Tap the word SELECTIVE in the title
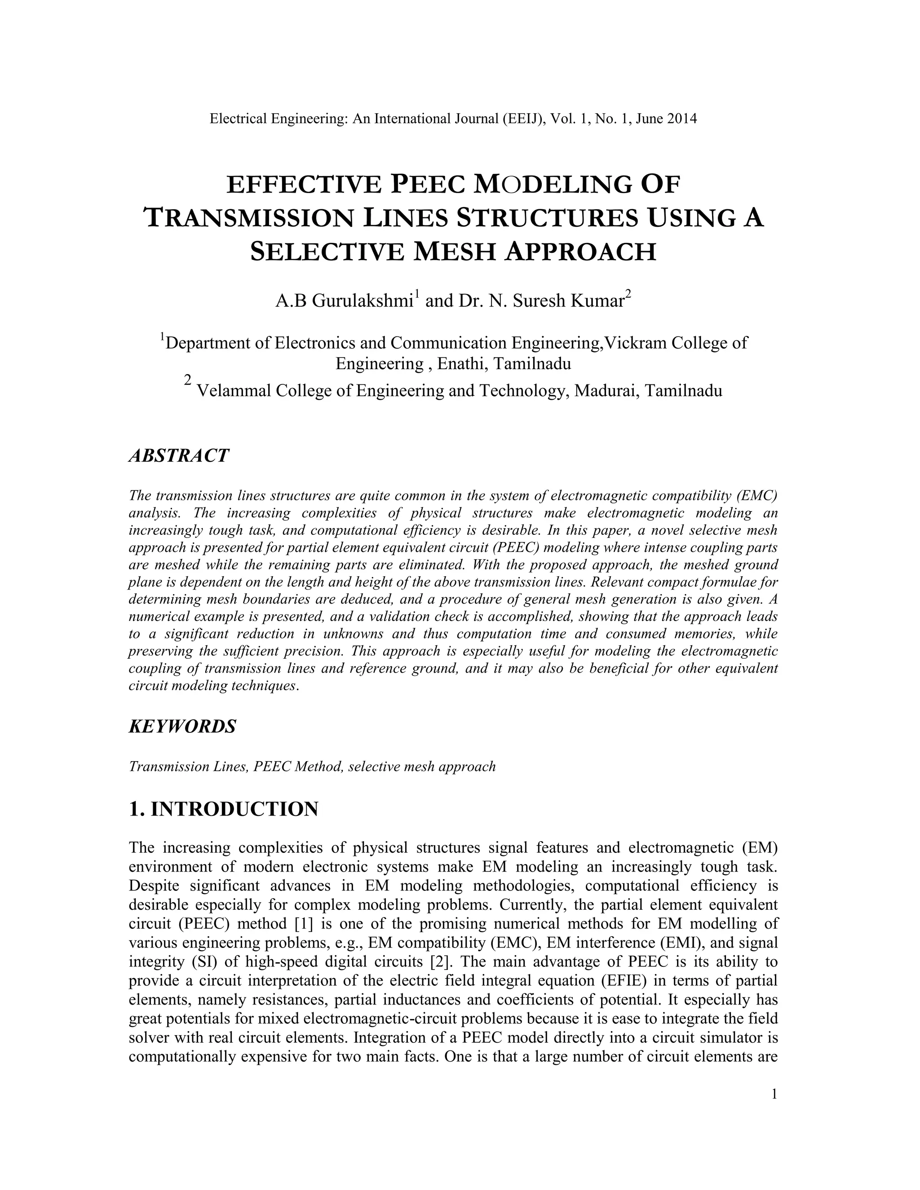pyautogui.click(x=327, y=252)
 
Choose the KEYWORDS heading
pyautogui.click(x=182, y=726)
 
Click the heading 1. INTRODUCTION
pyautogui.click(x=223, y=809)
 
